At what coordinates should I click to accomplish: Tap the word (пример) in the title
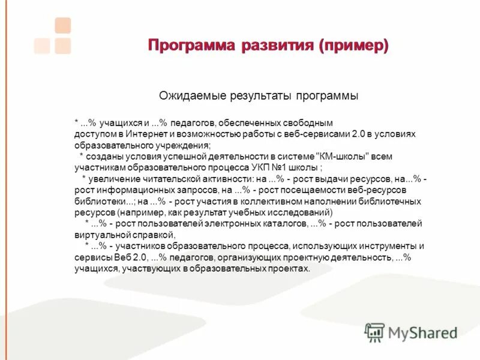(354, 46)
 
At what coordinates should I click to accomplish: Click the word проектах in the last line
(290, 268)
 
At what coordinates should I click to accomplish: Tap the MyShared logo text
(422, 332)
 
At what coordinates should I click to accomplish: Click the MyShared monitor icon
(374, 332)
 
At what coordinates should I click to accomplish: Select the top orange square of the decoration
(62, 25)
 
